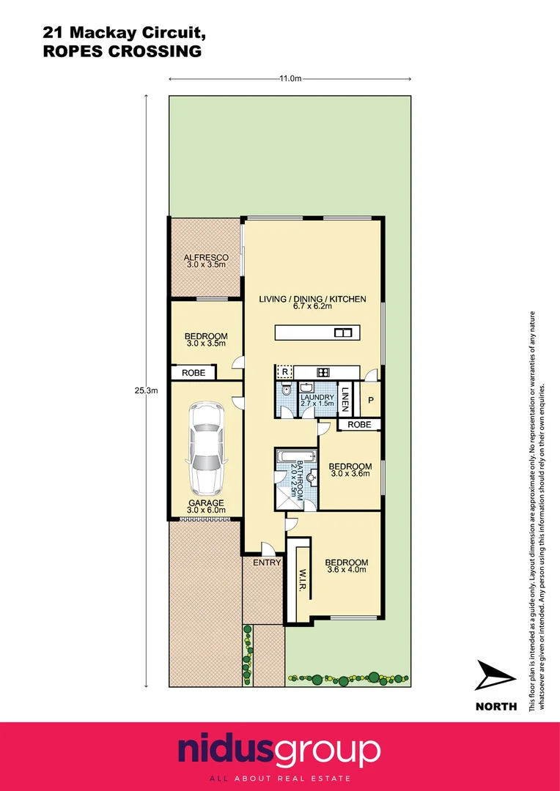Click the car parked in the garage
pyautogui.click(x=205, y=449)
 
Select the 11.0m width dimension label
pyautogui.click(x=290, y=79)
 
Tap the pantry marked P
pyautogui.click(x=371, y=400)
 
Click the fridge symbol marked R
pyautogui.click(x=284, y=371)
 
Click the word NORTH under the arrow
pyautogui.click(x=496, y=707)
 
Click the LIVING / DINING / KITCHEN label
pyautogui.click(x=312, y=302)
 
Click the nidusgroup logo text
pyautogui.click(x=279, y=750)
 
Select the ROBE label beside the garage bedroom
pyautogui.click(x=194, y=373)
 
